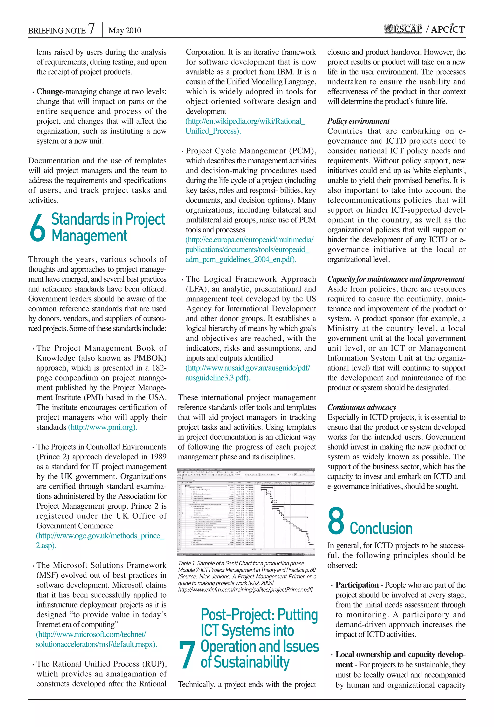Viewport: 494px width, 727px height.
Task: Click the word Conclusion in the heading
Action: coord(381,528)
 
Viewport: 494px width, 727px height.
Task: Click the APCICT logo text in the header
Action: coord(448,29)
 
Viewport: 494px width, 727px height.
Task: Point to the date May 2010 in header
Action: coord(124,30)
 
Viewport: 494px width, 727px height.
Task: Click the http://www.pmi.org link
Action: coord(103,427)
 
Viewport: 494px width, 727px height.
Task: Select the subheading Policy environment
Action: coord(358,121)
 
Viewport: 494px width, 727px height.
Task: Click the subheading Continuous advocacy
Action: coord(361,407)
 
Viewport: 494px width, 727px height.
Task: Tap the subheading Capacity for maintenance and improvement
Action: coord(396,279)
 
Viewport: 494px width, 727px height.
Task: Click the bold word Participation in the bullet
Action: coord(357,585)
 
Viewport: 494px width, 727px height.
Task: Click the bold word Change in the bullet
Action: coord(49,92)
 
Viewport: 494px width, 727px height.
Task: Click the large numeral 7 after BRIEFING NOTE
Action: coord(91,28)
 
